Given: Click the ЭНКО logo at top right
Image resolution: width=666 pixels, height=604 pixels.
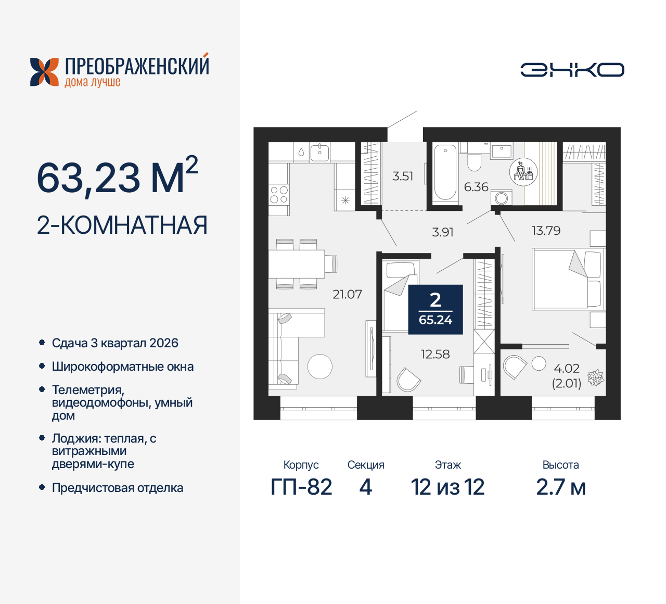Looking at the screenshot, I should click(x=572, y=70).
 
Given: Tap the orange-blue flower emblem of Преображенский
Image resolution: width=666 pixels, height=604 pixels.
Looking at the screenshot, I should click(x=44, y=72).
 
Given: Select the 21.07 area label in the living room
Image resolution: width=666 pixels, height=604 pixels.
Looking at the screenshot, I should click(x=347, y=294).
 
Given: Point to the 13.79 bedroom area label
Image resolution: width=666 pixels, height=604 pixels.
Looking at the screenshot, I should click(x=546, y=231).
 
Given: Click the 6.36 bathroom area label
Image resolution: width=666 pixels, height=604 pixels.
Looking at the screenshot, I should click(x=476, y=187).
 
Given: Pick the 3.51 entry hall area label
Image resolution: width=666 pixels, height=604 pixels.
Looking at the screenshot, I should click(x=403, y=176).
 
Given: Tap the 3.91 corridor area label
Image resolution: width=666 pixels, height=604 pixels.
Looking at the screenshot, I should click(x=443, y=232).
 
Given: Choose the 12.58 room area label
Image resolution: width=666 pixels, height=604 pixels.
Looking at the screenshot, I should click(x=435, y=354).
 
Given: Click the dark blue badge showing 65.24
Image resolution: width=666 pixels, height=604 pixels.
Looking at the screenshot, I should click(x=436, y=309).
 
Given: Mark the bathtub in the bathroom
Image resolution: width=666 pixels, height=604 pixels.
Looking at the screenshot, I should click(x=445, y=172).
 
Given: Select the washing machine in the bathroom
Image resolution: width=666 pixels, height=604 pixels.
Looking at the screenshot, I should click(x=502, y=198).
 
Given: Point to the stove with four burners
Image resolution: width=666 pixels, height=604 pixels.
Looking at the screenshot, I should click(x=279, y=195).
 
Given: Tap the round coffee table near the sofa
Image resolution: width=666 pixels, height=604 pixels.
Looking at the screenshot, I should click(x=319, y=366).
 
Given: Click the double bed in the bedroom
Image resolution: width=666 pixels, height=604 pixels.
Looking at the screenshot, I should click(x=568, y=279).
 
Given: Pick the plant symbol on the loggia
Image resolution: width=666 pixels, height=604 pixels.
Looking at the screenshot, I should click(x=595, y=378).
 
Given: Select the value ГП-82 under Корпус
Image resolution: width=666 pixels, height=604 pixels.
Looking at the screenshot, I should click(x=301, y=487).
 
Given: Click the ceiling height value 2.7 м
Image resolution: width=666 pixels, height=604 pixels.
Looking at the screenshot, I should click(x=560, y=487).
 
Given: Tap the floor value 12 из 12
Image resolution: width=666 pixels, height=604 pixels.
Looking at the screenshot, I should click(x=447, y=487).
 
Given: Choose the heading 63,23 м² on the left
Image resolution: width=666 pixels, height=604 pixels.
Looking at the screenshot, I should click(x=118, y=177).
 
